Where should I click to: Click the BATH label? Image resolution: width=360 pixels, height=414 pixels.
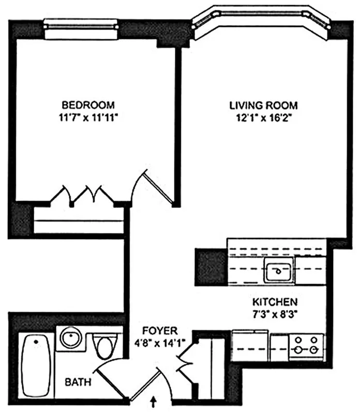(x=78, y=383)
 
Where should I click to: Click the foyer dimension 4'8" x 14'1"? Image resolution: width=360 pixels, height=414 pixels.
(x=161, y=342)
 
